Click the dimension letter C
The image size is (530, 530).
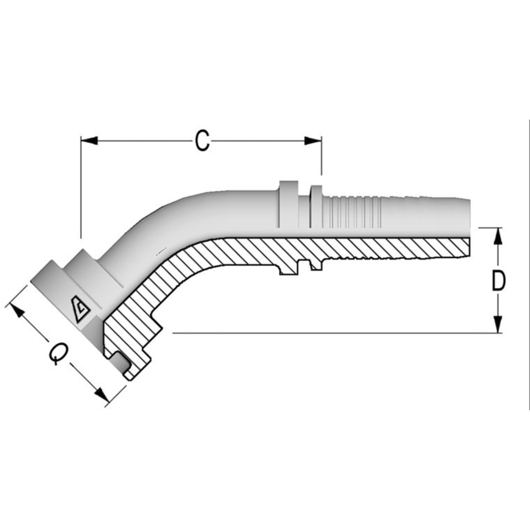[x=202, y=141]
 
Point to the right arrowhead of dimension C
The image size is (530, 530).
[x=313, y=141]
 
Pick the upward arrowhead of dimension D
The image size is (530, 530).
[x=498, y=237]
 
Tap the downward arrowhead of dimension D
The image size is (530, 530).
[x=498, y=324]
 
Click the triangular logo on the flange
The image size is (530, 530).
[x=79, y=309]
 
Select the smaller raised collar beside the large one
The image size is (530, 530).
[x=317, y=206]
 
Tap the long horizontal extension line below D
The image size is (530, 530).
[x=334, y=333]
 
